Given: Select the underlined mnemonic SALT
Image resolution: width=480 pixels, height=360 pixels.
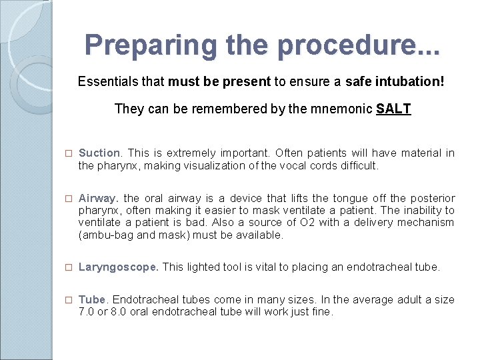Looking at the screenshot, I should (x=393, y=109).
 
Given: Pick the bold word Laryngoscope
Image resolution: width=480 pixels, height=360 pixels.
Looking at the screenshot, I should (x=118, y=267).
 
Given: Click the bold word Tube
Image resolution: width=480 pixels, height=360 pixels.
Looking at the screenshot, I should (x=91, y=300).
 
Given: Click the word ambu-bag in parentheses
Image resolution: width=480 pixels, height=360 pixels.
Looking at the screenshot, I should (x=105, y=235).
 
